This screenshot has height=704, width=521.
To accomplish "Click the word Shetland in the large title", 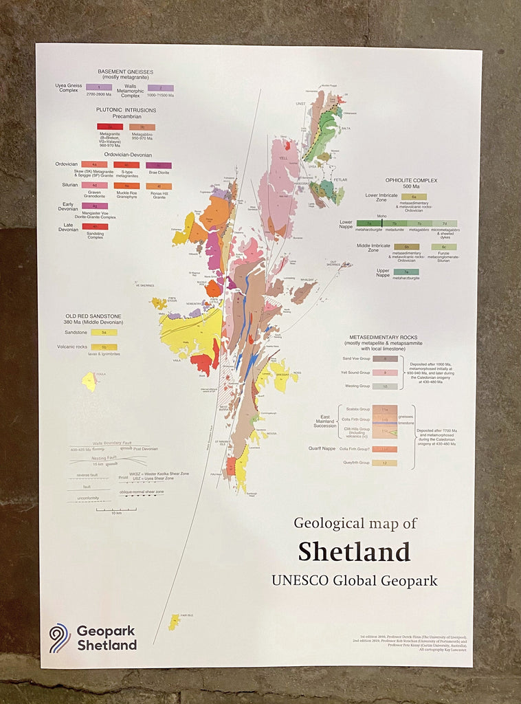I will [x=354, y=551].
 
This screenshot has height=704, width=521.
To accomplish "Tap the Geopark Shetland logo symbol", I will [x=60, y=637].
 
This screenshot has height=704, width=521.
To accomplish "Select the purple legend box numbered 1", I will [x=99, y=87].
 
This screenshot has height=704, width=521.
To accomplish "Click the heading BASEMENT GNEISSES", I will [x=126, y=71].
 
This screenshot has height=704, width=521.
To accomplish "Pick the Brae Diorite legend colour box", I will [x=158, y=165].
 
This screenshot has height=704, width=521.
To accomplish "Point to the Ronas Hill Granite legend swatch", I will [x=158, y=186].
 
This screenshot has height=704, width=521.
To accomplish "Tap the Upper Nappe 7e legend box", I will [x=406, y=272].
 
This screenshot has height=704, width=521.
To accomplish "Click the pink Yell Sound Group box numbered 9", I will [x=385, y=373].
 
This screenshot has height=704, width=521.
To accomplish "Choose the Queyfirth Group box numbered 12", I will [x=385, y=463].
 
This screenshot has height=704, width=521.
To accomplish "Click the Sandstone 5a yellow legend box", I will [x=104, y=332].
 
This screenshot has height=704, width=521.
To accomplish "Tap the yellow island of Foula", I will [x=89, y=381].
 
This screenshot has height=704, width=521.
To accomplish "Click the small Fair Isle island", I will [x=175, y=621].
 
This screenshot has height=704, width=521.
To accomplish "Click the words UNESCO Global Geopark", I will [x=354, y=580].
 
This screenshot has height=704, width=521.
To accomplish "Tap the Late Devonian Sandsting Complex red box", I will [x=95, y=226].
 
